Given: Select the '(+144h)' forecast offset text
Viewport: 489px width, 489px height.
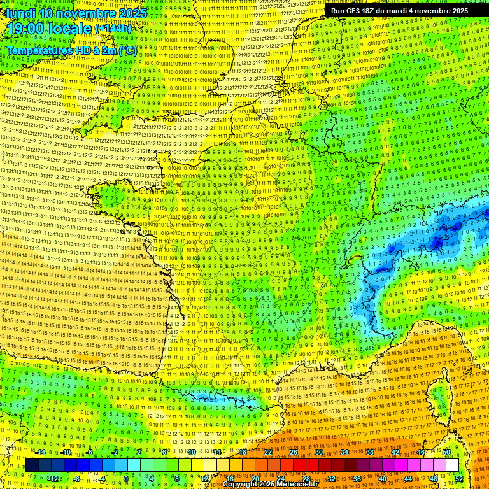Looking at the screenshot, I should pyautogui.click(x=113, y=29).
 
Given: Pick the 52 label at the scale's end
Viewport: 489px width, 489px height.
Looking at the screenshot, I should pyautogui.click(x=458, y=479).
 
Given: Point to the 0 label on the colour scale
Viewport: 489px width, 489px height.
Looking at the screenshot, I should pyautogui.click(x=126, y=479).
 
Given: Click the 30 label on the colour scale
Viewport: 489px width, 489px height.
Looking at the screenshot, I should pyautogui.click(x=318, y=453).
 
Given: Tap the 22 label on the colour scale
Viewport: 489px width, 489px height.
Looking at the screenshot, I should pyautogui.click(x=268, y=453).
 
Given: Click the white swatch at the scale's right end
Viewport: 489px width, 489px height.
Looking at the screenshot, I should pyautogui.click(x=453, y=465).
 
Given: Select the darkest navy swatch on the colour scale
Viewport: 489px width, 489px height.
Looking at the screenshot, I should pyautogui.click(x=32, y=465).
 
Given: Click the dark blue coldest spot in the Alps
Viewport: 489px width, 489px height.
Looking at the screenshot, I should pyautogui.click(x=438, y=241).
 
